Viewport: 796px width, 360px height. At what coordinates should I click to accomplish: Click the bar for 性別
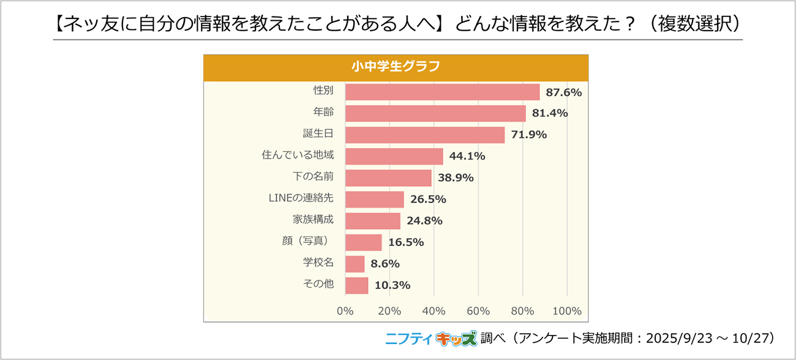click(442, 92)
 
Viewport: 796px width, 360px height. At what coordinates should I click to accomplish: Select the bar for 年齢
click(435, 113)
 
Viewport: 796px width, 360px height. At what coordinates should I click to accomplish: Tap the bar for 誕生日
click(425, 135)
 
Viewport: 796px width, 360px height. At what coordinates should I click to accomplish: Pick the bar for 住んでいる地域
click(394, 156)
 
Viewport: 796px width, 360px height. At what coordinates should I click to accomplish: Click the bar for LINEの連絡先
click(375, 199)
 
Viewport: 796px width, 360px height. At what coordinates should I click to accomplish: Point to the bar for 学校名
click(355, 264)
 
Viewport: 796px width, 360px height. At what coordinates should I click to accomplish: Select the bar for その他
click(357, 285)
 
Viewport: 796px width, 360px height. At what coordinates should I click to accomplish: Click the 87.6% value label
click(563, 92)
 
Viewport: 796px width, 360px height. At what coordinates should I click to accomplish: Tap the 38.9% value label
click(456, 178)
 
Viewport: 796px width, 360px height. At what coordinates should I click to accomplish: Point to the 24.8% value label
click(424, 221)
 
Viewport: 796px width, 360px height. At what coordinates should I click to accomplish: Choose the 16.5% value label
click(405, 242)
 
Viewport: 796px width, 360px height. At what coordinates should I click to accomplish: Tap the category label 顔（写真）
click(308, 242)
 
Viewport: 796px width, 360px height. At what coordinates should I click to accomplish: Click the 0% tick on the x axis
click(345, 311)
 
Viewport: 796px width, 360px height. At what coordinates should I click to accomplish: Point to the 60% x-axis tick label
click(478, 311)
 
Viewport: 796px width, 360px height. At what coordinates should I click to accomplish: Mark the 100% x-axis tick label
click(566, 311)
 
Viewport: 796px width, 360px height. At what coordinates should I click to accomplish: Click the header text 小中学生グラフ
click(396, 67)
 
